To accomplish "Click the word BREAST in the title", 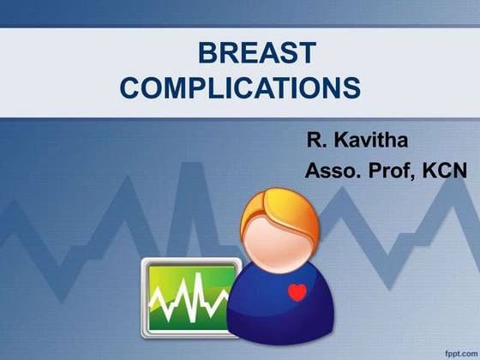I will pos(256,54).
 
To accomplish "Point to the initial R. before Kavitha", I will pos(316,138).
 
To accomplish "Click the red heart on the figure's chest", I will pos(297,293).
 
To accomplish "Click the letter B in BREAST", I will pos(207,54).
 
